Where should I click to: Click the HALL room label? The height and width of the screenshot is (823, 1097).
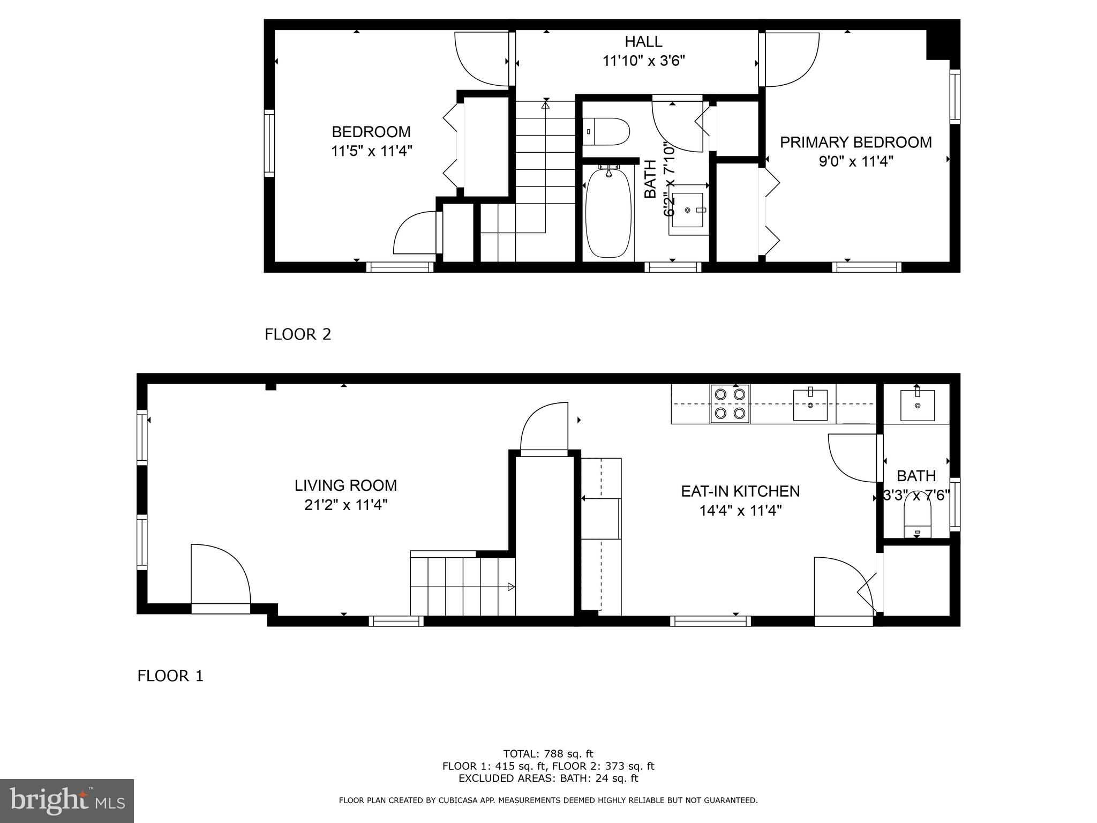[643, 41]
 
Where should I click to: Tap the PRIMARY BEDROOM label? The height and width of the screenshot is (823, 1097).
[855, 142]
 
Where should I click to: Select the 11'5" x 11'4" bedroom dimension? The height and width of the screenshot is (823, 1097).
[371, 151]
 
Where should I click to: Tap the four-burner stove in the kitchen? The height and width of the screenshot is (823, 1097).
[730, 404]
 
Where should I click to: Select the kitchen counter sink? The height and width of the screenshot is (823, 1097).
[810, 405]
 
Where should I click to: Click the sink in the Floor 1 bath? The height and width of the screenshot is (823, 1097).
[917, 405]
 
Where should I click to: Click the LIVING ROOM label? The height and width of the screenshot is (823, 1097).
[345, 485]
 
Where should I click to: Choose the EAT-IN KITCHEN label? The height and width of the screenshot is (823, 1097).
[740, 491]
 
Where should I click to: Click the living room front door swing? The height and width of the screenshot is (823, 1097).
[220, 576]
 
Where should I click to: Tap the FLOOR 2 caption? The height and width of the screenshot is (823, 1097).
[298, 334]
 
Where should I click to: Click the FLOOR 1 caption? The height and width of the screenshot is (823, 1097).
[170, 676]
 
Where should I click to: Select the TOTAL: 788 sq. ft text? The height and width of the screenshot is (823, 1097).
[548, 754]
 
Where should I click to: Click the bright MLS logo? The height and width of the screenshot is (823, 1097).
[67, 800]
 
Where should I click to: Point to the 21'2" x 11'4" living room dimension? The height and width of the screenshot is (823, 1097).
[345, 505]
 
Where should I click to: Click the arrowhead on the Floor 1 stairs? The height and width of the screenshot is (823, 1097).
[511, 587]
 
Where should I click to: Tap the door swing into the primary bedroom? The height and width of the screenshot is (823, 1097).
[790, 59]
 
